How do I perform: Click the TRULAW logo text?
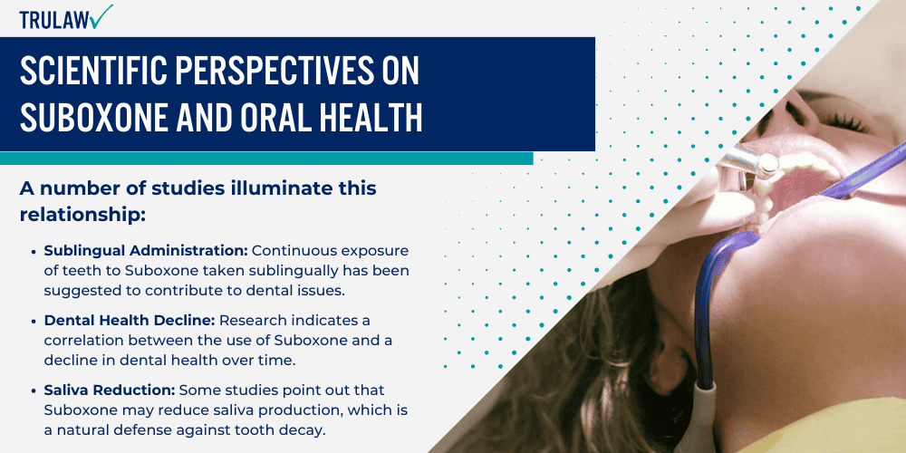54,18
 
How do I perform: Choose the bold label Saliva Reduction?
109,391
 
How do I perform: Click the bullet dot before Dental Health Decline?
34,322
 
